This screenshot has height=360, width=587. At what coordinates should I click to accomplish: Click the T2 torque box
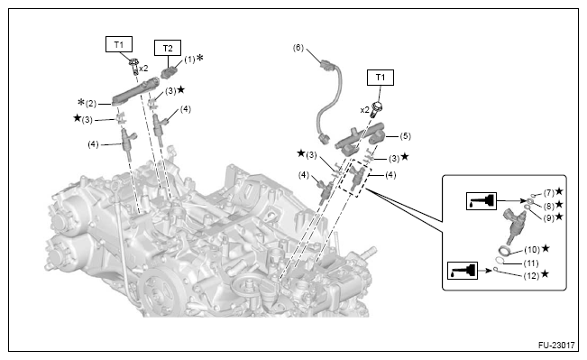(x=168, y=48)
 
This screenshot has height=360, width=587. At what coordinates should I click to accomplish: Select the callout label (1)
(x=189, y=60)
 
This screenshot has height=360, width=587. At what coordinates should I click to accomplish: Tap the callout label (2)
(x=91, y=104)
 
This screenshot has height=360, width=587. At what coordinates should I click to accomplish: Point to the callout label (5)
(x=405, y=136)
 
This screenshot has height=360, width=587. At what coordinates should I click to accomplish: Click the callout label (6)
(x=298, y=48)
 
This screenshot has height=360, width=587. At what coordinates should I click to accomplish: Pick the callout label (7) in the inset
(x=549, y=193)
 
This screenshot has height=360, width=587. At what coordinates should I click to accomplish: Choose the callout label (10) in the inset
(x=532, y=250)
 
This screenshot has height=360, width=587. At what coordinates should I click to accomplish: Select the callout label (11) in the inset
(x=532, y=263)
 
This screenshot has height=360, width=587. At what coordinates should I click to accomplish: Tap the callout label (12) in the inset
(x=532, y=276)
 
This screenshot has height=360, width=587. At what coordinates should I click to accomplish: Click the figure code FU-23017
(x=556, y=345)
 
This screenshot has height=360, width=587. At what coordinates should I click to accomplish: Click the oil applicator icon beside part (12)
(x=463, y=271)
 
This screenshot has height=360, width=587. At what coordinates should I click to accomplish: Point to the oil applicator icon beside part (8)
(x=482, y=201)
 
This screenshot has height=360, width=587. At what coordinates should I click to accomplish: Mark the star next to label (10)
(x=546, y=248)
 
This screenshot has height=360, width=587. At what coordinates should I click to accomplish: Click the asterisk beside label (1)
(x=200, y=58)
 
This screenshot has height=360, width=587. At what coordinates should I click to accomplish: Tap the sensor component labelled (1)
(x=169, y=71)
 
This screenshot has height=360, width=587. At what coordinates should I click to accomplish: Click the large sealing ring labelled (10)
(x=504, y=250)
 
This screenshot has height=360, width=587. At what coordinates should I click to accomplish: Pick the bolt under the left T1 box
(x=133, y=66)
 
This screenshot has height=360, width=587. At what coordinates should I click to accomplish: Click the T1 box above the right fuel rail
(x=380, y=78)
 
